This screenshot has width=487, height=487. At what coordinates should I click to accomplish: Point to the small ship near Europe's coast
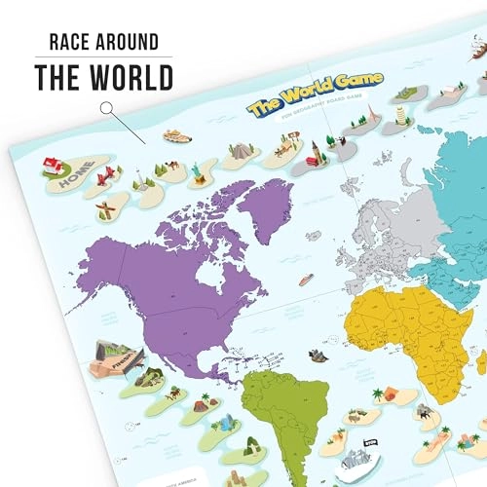(305, 280)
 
